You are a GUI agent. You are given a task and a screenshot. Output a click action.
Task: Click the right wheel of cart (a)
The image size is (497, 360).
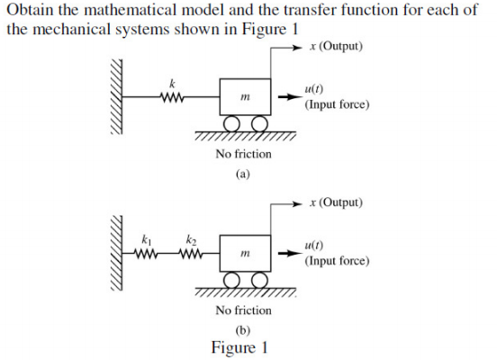coord(258,123)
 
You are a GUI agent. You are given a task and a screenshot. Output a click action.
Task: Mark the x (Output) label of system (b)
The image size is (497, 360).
coord(335,202)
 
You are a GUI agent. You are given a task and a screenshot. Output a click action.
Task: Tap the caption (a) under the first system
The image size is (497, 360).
coord(241,173)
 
